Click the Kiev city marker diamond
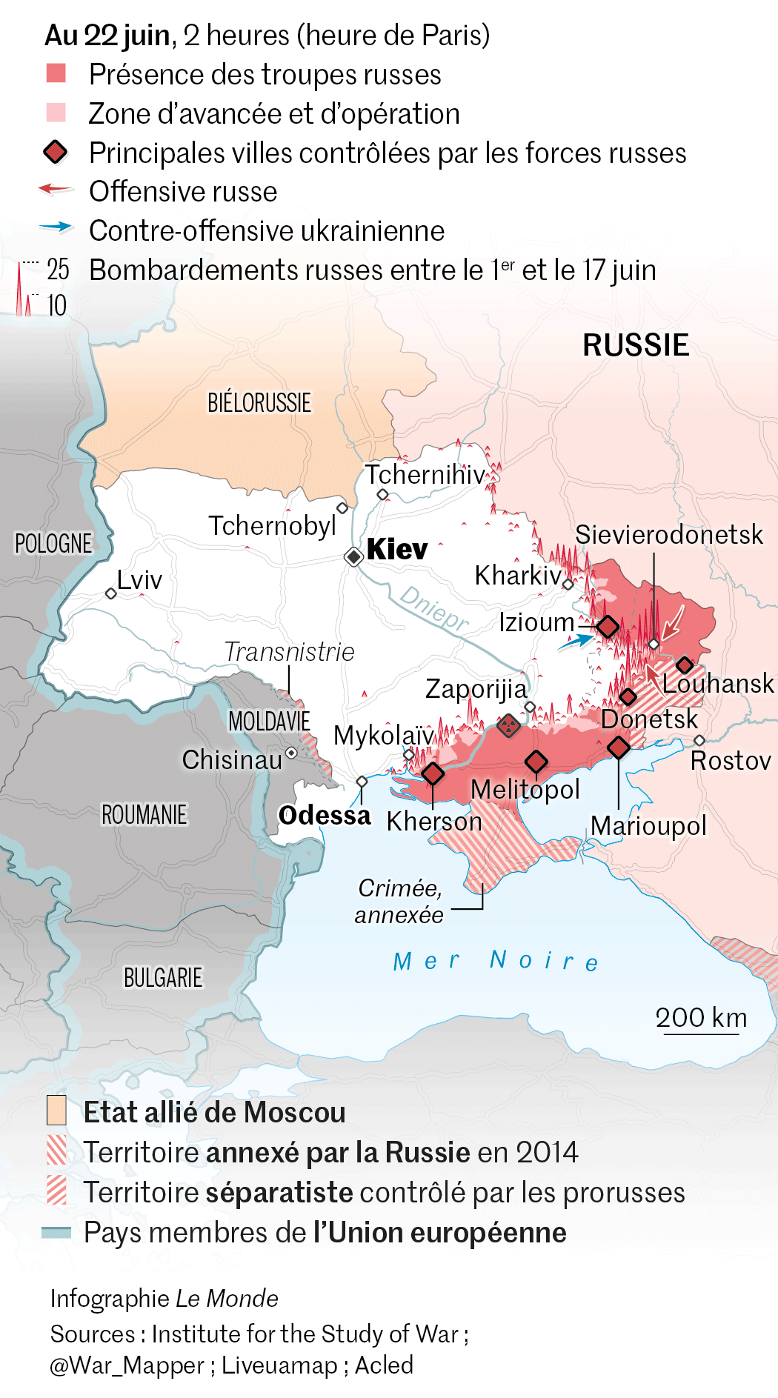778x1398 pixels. pyautogui.click(x=354, y=556)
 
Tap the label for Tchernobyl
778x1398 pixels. pyautogui.click(x=272, y=526)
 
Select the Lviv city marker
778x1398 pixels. pyautogui.click(x=110, y=593)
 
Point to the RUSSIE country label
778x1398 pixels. pyautogui.click(x=636, y=345)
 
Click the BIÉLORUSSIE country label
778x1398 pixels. pyautogui.click(x=259, y=403)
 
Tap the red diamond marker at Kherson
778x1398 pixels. pyautogui.click(x=433, y=773)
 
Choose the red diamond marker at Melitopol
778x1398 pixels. pyautogui.click(x=536, y=761)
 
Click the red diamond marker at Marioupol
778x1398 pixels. pyautogui.click(x=618, y=747)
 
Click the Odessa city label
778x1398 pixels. pyautogui.click(x=325, y=816)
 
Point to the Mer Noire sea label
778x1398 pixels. pyautogui.click(x=496, y=961)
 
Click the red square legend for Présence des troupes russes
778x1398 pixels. pyautogui.click(x=56, y=73)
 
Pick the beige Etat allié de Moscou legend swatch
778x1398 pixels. pyautogui.click(x=56, y=1111)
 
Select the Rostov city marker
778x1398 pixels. pyautogui.click(x=699, y=740)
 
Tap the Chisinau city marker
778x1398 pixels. pyautogui.click(x=291, y=753)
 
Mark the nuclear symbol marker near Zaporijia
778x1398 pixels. pyautogui.click(x=508, y=725)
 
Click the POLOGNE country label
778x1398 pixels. pyautogui.click(x=53, y=544)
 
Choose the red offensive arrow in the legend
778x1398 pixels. pyautogui.click(x=56, y=190)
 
